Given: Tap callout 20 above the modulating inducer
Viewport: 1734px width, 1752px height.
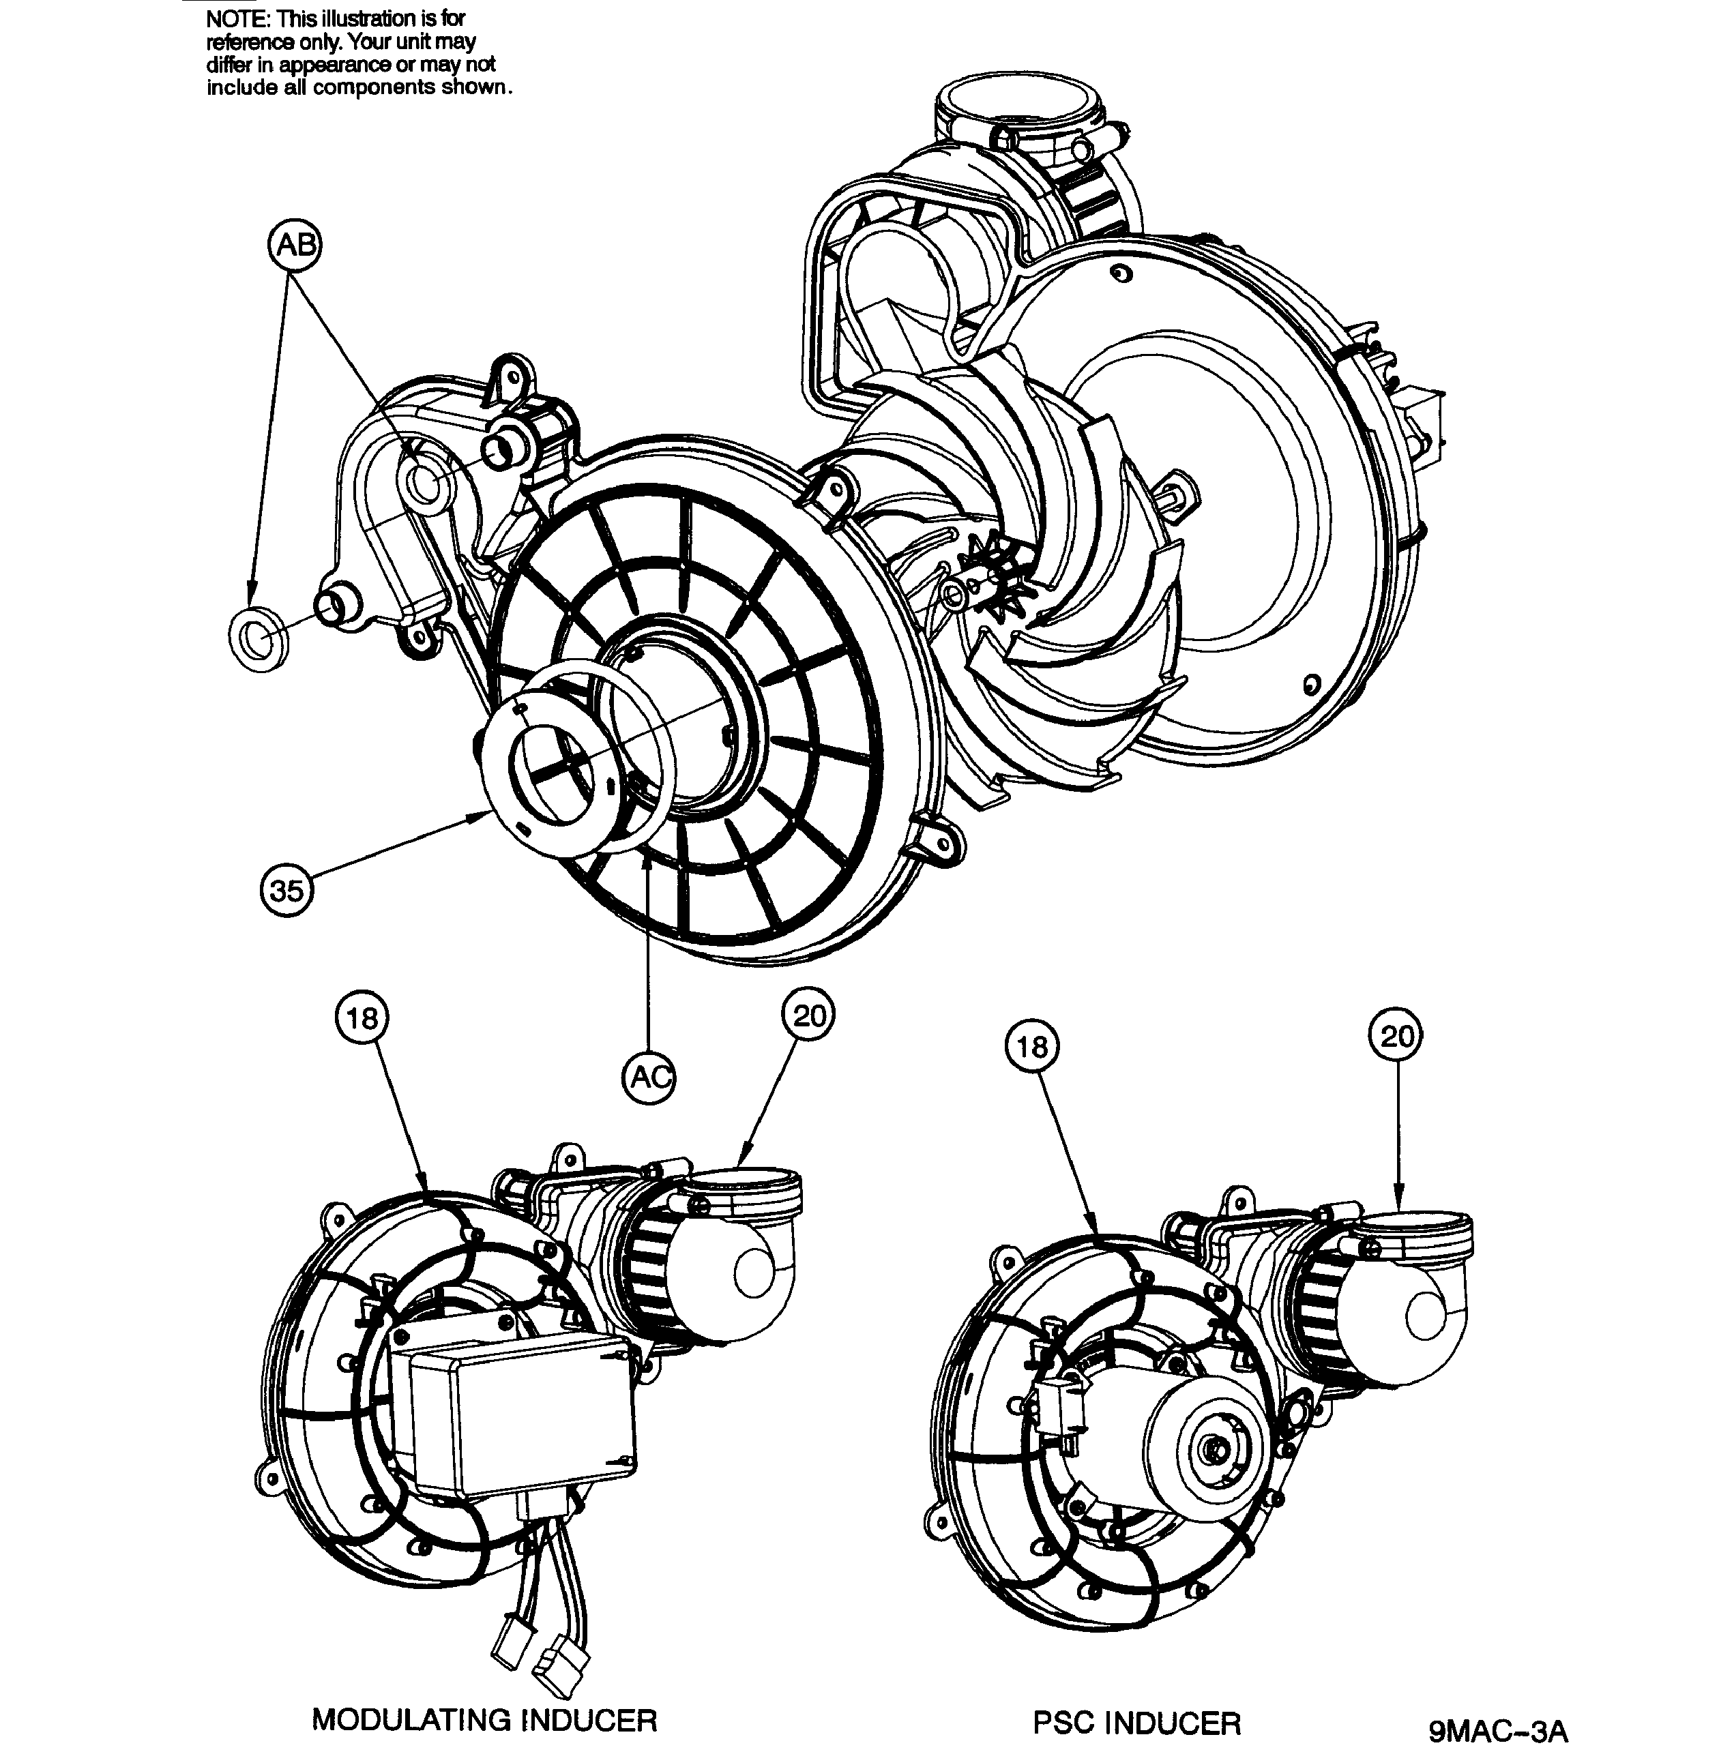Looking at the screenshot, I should point(809,1015).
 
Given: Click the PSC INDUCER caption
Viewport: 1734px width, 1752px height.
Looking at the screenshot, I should point(1136,1697).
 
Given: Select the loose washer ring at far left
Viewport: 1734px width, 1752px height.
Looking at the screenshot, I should point(259,640).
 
